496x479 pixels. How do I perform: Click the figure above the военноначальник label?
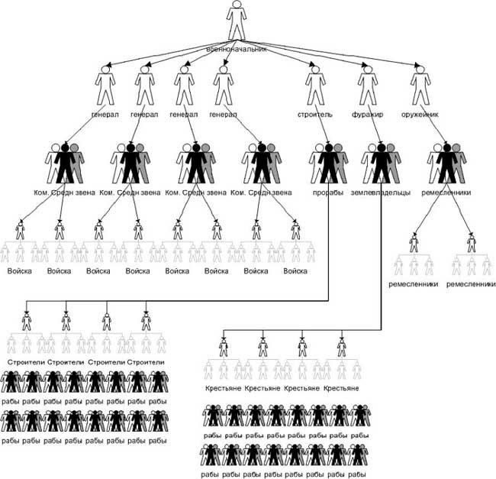[x=237, y=21]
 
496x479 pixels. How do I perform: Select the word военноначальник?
[x=237, y=49]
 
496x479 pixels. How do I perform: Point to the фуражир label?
[x=367, y=115]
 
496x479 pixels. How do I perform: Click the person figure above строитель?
[x=314, y=86]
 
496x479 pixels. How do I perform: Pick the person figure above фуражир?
[x=367, y=86]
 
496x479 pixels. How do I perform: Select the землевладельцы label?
[x=380, y=193]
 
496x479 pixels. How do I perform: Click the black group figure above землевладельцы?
[x=380, y=163]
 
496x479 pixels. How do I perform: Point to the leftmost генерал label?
[x=105, y=115]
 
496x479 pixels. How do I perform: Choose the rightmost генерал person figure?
[x=223, y=86]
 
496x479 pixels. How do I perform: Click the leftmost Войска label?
[x=20, y=270]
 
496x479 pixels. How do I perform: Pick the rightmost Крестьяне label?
[x=343, y=389]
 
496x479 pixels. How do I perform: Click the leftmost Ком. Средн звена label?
[x=65, y=193]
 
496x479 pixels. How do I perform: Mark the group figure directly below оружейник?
[x=446, y=163]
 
